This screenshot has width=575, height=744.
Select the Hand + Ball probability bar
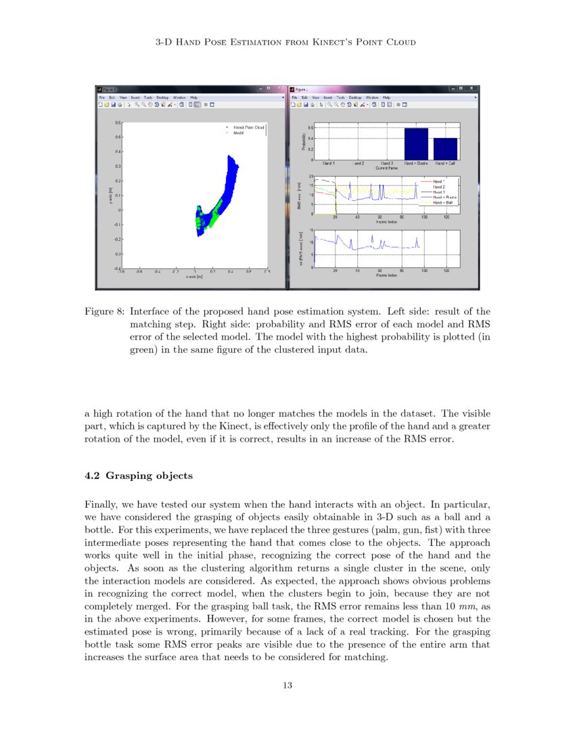point(445,148)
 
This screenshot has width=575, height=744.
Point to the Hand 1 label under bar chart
point(329,164)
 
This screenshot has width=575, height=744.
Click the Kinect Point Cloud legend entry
point(248,127)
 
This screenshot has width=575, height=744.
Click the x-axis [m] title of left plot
point(194,277)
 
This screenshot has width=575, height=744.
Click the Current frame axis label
point(386,168)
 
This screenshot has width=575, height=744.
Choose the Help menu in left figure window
point(193,97)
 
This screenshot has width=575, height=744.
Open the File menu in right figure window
point(295,97)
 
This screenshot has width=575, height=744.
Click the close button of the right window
point(473,89)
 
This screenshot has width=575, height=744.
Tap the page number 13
point(287,686)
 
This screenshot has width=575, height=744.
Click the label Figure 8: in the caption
point(104,312)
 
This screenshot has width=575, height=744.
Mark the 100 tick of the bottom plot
point(424,271)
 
